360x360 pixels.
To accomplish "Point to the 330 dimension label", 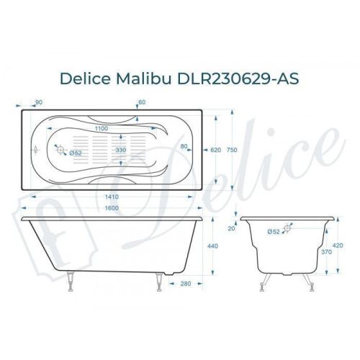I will point(122,150).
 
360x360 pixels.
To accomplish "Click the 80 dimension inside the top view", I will point(184,146).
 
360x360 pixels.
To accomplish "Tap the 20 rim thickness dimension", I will point(231,229).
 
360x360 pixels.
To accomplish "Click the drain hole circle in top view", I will point(61,151).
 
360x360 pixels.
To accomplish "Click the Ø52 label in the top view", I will point(76,153).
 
